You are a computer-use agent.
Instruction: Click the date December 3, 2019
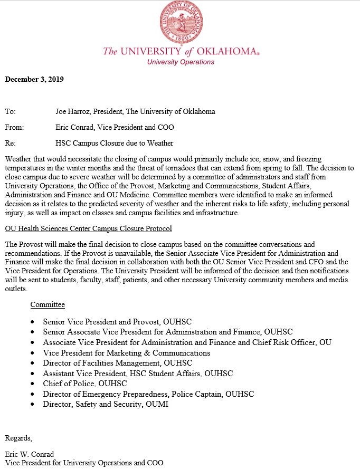[x=34, y=80]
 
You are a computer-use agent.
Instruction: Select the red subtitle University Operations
[x=181, y=62]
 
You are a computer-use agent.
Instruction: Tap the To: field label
[x=11, y=112]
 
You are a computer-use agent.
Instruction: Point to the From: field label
[x=14, y=127]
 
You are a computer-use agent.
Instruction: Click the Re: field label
[x=10, y=143]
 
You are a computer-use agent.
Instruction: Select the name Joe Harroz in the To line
[x=74, y=112]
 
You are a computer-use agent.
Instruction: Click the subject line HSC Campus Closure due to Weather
[x=115, y=143]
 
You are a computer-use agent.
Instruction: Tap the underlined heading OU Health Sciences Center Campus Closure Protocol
[x=88, y=229]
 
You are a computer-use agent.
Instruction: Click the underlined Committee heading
[x=48, y=305]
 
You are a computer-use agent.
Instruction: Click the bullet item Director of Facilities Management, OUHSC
[x=118, y=363]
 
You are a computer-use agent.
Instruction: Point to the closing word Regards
[x=18, y=438]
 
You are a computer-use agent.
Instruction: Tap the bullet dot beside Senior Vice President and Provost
[x=33, y=321]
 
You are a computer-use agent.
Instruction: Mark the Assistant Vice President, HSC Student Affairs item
[x=138, y=374]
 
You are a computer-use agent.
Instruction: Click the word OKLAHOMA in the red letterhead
[x=221, y=52]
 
